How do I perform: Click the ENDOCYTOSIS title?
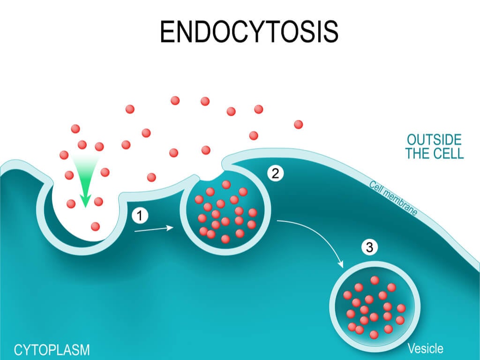click(249, 32)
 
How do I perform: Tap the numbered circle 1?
click(140, 216)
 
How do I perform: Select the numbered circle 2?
click(276, 173)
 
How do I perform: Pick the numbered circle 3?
click(369, 247)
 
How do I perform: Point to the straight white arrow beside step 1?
click(154, 229)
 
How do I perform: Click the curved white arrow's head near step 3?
click(340, 264)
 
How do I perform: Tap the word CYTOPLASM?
click(52, 350)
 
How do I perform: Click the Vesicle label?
click(426, 348)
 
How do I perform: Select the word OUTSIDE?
click(434, 140)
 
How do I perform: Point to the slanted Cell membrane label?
click(393, 198)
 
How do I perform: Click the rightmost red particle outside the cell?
click(299, 125)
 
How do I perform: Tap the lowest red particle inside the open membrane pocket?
click(95, 226)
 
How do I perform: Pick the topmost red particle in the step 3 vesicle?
click(375, 280)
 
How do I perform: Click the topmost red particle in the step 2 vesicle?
click(226, 185)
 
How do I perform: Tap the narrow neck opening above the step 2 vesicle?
click(211, 176)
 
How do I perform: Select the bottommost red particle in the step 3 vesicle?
click(374, 335)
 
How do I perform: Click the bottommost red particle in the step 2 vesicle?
click(225, 239)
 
